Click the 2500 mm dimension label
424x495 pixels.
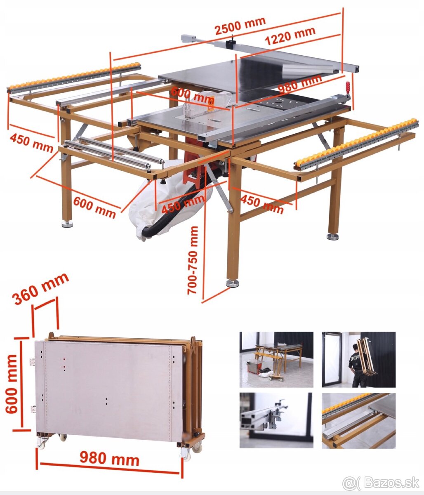pyautogui.click(x=240, y=26)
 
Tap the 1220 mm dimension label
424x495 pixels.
pyautogui.click(x=290, y=36)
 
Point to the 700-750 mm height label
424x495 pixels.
pyautogui.click(x=193, y=261)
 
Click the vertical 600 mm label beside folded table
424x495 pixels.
pyautogui.click(x=12, y=384)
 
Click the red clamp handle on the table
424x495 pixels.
pyautogui.click(x=348, y=90)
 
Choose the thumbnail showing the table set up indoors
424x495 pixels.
pyautogui.click(x=276, y=359)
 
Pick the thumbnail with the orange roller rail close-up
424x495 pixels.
pyautogui.click(x=358, y=420)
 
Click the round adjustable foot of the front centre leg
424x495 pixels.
pyautogui.click(x=232, y=283)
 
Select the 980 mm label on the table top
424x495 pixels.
pyautogui.click(x=300, y=84)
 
